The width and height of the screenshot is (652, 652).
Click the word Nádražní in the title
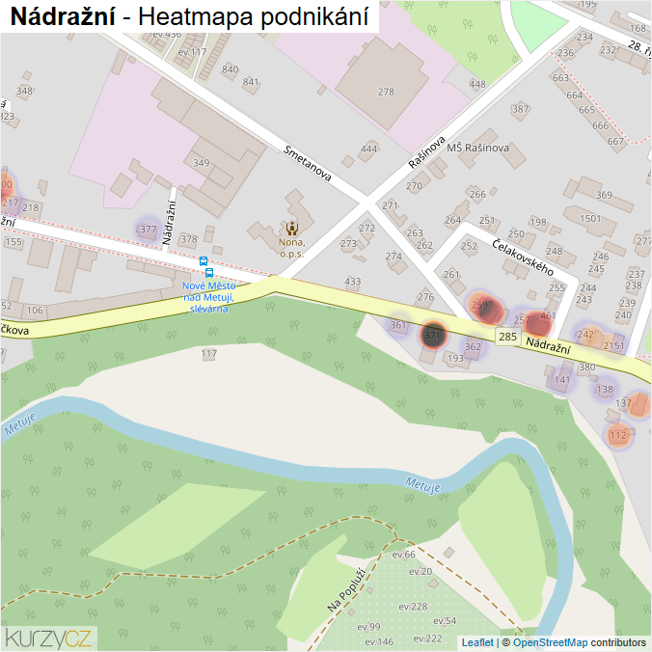[x=63, y=16]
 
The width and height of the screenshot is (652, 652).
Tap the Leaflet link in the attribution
[x=476, y=641]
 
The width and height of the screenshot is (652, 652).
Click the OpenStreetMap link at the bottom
[x=550, y=641]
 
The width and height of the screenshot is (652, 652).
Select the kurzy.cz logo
[x=48, y=637]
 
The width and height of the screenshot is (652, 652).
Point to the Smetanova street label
[x=308, y=163]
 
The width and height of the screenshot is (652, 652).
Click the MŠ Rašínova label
[x=477, y=148]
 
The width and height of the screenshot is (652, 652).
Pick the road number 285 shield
[x=508, y=337]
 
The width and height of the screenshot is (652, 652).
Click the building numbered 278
[x=386, y=92]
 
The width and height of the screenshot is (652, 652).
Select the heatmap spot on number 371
[x=432, y=335]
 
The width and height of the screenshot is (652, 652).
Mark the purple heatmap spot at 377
[x=148, y=230]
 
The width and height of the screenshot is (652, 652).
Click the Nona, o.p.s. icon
[x=291, y=229]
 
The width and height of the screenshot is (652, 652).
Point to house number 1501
[x=590, y=219]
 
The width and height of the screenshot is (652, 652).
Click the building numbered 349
[x=201, y=163]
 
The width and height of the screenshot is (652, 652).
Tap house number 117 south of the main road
[x=208, y=354]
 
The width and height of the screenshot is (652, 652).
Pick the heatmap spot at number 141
[x=561, y=380]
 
